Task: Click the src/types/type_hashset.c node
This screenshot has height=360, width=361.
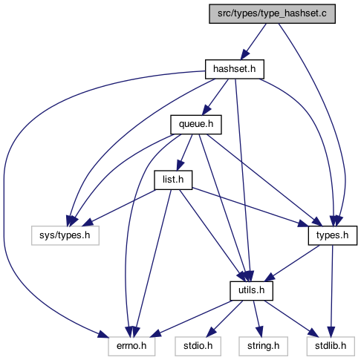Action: tap(272, 14)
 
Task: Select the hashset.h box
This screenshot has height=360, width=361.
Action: tap(235, 69)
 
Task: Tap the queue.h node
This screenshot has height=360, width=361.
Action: tap(196, 125)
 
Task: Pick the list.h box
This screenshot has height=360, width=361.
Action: tap(173, 180)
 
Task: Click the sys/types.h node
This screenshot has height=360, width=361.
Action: tap(65, 235)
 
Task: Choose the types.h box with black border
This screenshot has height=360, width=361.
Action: tap(333, 235)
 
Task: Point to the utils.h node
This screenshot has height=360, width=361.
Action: tap(251, 291)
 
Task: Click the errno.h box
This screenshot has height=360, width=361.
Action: tap(131, 346)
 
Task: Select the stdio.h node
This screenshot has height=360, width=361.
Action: tap(198, 346)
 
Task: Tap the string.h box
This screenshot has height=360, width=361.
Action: tap(263, 346)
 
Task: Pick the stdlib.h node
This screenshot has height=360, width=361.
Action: tap(331, 346)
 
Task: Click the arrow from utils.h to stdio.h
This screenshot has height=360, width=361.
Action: tap(224, 318)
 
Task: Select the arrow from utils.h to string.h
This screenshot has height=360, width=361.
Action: tap(257, 318)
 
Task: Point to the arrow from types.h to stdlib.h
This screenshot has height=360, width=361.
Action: tap(332, 291)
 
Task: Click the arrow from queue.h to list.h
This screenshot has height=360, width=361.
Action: tap(184, 152)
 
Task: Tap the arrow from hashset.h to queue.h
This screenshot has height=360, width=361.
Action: tap(215, 97)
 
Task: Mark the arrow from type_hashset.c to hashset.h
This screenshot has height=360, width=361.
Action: tap(253, 42)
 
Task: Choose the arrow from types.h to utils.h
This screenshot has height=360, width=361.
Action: tap(292, 264)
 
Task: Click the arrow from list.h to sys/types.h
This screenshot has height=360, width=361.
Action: tap(118, 208)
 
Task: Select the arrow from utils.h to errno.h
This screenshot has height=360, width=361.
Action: tap(190, 318)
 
